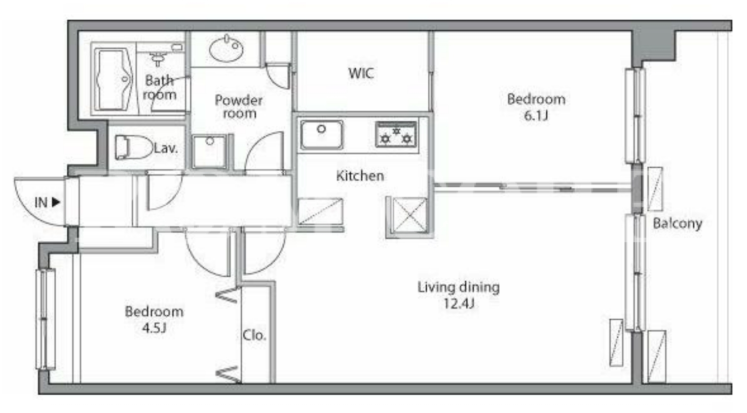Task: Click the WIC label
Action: point(361,73)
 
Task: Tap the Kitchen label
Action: point(360,176)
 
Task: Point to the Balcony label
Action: point(677,223)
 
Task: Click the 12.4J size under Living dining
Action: point(459,304)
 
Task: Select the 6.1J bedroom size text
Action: point(536,116)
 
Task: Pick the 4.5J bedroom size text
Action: point(154,328)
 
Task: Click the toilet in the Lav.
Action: point(133,147)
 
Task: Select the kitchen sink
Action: point(321,134)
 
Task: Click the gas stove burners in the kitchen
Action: point(396,134)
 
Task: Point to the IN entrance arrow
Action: point(56,202)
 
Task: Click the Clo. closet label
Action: point(254,335)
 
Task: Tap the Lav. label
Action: point(165,148)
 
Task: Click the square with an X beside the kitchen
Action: point(409,215)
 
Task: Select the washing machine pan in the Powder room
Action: point(209,152)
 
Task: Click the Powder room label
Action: point(239,106)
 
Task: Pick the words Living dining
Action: point(459,287)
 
